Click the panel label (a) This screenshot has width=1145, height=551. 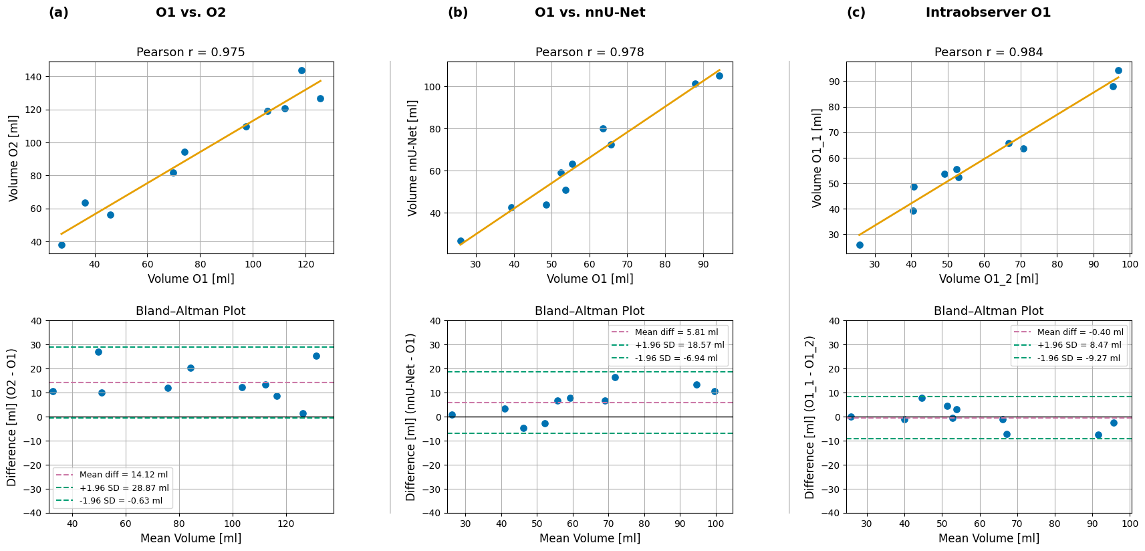tap(59, 13)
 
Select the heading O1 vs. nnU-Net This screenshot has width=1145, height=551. tap(590, 13)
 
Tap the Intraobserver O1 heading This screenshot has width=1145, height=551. tap(988, 13)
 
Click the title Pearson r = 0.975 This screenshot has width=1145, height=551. tap(190, 52)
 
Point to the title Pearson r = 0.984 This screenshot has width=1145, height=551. tap(988, 52)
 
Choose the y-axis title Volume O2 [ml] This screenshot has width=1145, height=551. tap(14, 158)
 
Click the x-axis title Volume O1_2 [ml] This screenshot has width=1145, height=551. tap(988, 279)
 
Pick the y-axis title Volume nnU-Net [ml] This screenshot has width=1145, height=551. tap(413, 158)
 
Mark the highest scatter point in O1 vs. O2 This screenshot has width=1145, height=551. tap(301, 70)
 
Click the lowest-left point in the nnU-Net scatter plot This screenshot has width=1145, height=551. tap(461, 241)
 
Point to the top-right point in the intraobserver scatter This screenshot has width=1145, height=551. tap(1118, 70)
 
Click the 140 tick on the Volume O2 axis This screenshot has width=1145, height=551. tap(33, 77)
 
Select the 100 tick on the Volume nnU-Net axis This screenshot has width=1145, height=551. tap(432, 87)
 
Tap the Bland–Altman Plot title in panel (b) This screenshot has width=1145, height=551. tap(590, 311)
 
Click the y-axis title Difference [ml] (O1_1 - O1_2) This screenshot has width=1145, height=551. tap(810, 417)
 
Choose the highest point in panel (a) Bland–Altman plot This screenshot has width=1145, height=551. tap(98, 352)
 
